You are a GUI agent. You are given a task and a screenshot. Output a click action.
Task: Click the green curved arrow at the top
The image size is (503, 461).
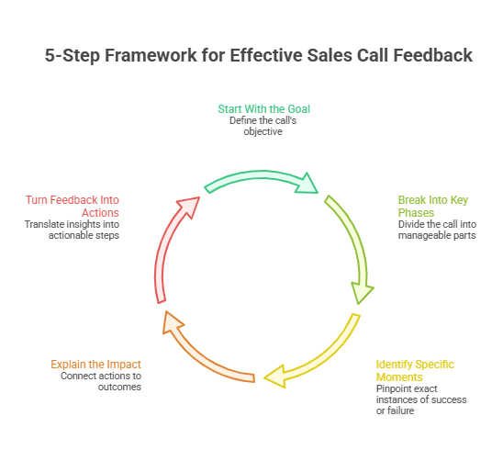(257, 177)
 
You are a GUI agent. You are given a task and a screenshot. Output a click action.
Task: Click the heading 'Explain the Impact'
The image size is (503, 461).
(95, 365)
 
